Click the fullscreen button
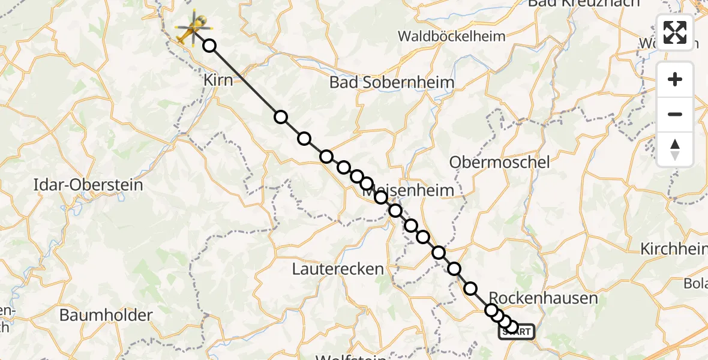[x=675, y=32]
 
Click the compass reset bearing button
[x=675, y=149]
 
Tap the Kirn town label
[x=218, y=80]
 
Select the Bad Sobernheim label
[x=391, y=83]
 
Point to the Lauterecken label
[x=338, y=269]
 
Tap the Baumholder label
[x=106, y=314]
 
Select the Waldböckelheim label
[x=452, y=36]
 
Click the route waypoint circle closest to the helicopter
[x=209, y=46]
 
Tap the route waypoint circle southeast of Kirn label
[x=281, y=117]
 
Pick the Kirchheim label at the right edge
[x=673, y=249]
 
